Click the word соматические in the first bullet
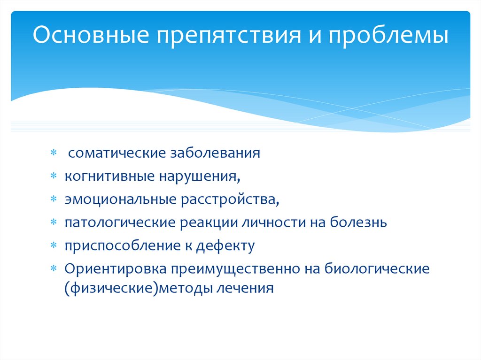point(115,153)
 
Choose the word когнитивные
point(109,176)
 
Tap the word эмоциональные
point(119,199)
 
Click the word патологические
point(120,222)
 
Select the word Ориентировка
point(117,268)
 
